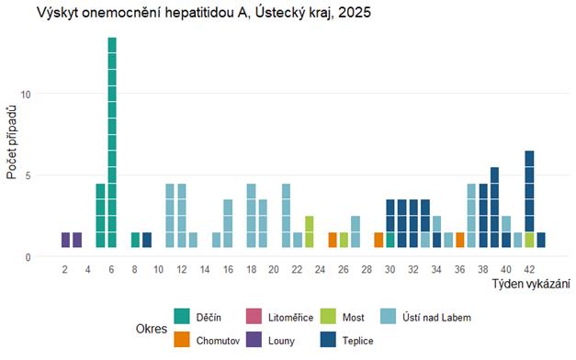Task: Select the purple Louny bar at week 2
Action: coord(65,240)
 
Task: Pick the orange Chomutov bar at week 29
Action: coord(378,240)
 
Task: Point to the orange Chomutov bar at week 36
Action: coord(459,240)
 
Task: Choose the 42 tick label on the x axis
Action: coord(529,270)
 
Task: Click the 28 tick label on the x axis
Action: coord(367,270)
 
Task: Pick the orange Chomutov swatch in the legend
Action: coord(182,339)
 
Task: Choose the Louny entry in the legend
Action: coord(280,339)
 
